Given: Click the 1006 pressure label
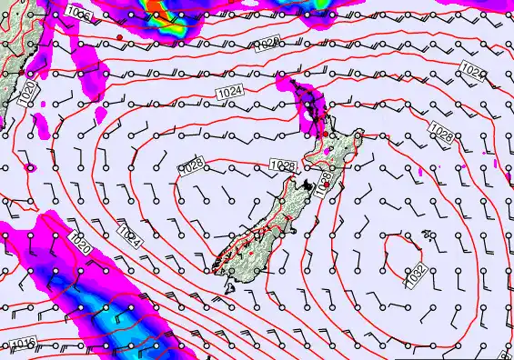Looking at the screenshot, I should pyautogui.click(x=79, y=14).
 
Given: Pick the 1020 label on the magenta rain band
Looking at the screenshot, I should pyautogui.click(x=79, y=242).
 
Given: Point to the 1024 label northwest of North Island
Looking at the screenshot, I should pyautogui.click(x=228, y=92).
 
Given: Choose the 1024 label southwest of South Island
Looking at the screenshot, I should pyautogui.click(x=130, y=239).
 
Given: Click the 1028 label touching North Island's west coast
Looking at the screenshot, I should pyautogui.click(x=283, y=165).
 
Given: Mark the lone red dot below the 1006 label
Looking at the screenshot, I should pyautogui.click(x=119, y=36).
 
